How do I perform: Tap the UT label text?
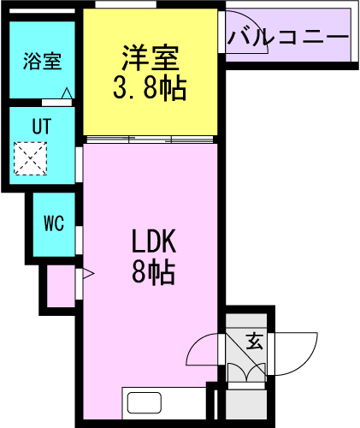pyautogui.click(x=42, y=126)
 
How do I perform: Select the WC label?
pyautogui.click(x=54, y=224)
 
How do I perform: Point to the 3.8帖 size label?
pyautogui.click(x=149, y=88)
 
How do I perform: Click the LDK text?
pyautogui.click(x=154, y=243)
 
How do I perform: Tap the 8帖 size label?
pyautogui.click(x=154, y=273)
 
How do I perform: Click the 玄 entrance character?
pyautogui.click(x=254, y=342)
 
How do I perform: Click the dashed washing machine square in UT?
pyautogui.click(x=32, y=158)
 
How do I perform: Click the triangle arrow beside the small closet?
pyautogui.click(x=87, y=274)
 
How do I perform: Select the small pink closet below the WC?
pyautogui.click(x=60, y=287)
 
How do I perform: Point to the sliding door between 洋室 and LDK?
pyautogui.click(x=150, y=139)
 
